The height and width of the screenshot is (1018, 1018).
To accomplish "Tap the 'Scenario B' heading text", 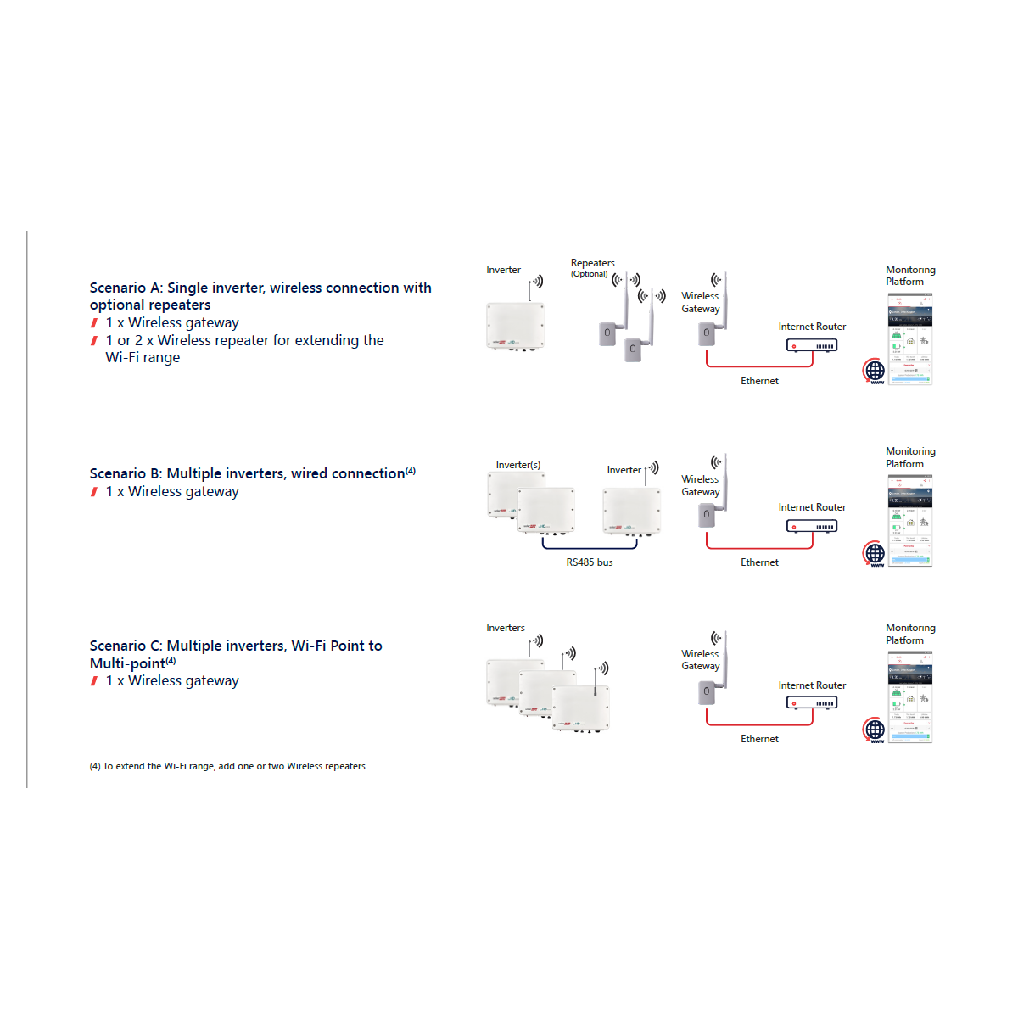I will (252, 473).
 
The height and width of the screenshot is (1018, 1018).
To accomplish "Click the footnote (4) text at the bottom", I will (227, 766).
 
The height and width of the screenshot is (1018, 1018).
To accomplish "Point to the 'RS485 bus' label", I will (589, 562).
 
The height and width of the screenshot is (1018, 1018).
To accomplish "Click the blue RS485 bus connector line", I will (590, 548).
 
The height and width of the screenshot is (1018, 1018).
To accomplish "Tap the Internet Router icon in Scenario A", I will (812, 345).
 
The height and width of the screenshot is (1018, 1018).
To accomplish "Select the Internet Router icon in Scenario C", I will (812, 702).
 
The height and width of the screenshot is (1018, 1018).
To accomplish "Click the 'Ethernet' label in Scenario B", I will (759, 562).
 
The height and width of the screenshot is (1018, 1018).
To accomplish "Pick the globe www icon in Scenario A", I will (875, 372).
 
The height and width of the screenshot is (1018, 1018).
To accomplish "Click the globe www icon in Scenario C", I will (875, 730).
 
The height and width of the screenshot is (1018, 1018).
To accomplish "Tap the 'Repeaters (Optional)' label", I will (592, 267).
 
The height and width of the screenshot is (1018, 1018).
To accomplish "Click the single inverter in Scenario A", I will (515, 327).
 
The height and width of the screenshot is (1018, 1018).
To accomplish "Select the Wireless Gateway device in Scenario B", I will (706, 514).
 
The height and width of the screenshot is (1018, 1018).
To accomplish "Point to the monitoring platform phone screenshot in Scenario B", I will (910, 520).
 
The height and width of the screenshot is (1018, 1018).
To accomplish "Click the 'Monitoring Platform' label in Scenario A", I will (909, 276).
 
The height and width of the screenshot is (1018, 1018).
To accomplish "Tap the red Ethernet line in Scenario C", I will (759, 724).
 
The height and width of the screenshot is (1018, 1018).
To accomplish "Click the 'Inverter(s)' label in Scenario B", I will (517, 465).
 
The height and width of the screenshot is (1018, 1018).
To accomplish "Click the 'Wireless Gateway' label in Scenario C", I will (700, 660).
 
